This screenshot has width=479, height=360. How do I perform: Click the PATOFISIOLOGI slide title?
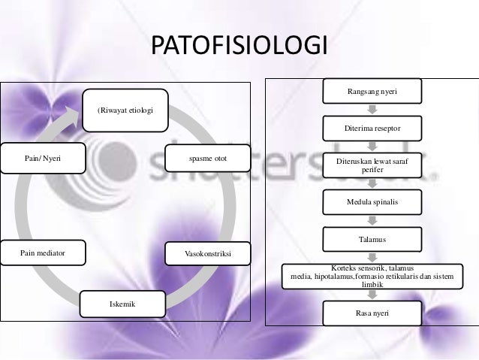coord(239,46)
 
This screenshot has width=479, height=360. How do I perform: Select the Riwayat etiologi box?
coord(125,111)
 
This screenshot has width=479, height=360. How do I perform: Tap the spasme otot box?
coord(208,159)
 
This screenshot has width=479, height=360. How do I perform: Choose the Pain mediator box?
coord(44,253)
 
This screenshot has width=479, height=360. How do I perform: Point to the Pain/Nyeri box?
coord(44,159)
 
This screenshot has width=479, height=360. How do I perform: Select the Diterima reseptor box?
coord(372,129)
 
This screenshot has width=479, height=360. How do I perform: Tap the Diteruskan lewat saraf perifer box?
coord(372,165)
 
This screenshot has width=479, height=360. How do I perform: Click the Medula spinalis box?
coord(372,202)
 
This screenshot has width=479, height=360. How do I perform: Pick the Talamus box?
coord(372,240)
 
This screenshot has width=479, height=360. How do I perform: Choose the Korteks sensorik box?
coord(372,276)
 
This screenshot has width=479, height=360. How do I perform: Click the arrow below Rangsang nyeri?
coord(372,110)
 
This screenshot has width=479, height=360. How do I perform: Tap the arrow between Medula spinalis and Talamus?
coord(372,221)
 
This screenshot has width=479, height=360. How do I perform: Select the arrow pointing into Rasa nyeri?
coord(372,295)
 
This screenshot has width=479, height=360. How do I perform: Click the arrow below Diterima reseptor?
coord(372,147)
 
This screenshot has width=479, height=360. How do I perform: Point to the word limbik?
coord(372,285)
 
